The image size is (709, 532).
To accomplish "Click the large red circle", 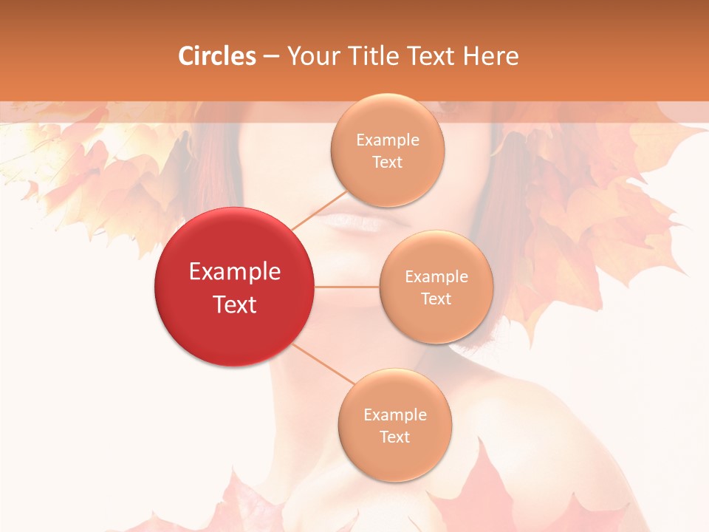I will coord(235,287).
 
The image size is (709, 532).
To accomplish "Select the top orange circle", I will coord(388,151).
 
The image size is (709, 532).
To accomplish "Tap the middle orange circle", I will coord(436,287).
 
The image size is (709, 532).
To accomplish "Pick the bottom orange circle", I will coord(395,426).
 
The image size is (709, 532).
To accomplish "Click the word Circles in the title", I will coord(217,56).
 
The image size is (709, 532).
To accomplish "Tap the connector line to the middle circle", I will coord(347,287).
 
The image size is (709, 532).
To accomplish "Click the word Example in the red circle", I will coord(235,272).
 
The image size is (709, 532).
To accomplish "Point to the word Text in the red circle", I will coord(235,304).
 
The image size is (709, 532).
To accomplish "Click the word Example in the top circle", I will coord(388,140).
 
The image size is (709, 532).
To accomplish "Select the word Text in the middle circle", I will coord(436,299).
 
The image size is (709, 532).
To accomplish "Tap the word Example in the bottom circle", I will coord(395,415).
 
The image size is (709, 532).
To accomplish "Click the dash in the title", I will coord(271,56).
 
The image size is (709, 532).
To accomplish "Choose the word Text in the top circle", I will coord(388,162).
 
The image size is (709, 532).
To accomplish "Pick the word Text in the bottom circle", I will coord(395,437).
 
